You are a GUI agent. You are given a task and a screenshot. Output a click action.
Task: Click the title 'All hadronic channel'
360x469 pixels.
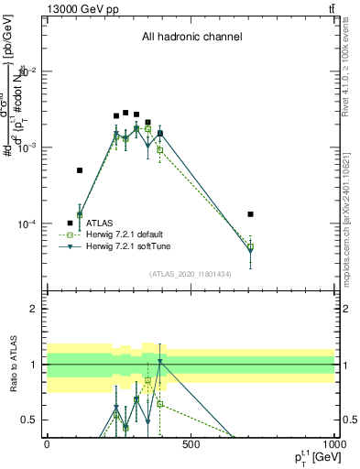tap(191, 38)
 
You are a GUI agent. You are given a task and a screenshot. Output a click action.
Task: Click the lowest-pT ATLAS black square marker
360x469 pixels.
tap(80, 170)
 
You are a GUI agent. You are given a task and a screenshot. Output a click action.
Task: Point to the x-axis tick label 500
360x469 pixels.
tap(191, 443)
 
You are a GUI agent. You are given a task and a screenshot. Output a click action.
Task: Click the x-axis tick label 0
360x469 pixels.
tap(47, 443)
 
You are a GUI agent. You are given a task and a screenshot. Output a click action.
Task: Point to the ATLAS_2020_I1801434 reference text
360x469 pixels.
tap(191, 275)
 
